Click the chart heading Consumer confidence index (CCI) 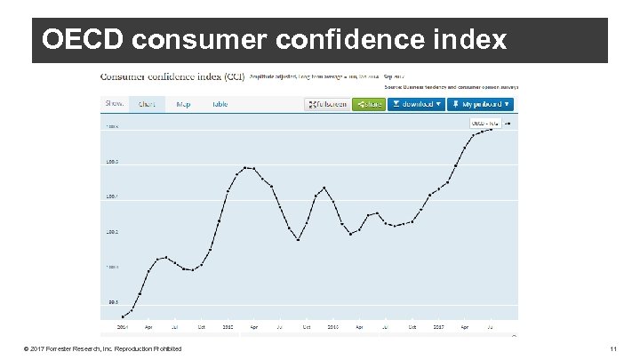coord(173,77)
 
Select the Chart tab coord(147,104)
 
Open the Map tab coord(183,104)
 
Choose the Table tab coord(220,104)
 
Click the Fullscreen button coord(326,104)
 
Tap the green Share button coord(368,104)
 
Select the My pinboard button coord(481,104)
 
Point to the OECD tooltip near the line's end coord(486,124)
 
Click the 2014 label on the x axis coord(123,326)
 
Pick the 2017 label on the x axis coord(438,326)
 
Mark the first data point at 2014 coord(123,316)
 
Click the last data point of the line coord(492,130)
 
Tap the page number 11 coord(612,348)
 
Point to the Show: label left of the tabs coord(115,103)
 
